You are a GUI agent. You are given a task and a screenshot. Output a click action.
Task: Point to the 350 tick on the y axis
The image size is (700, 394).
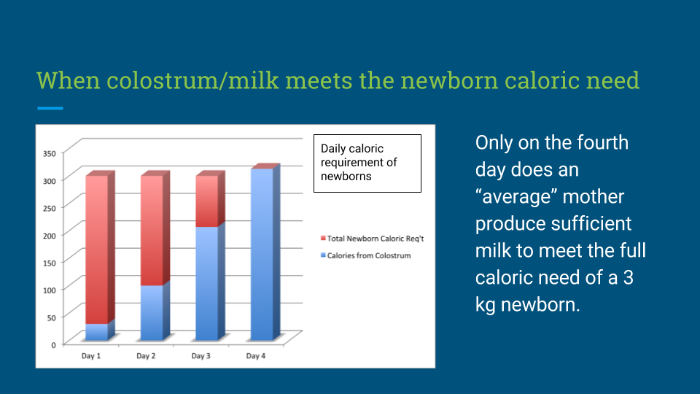[50, 154]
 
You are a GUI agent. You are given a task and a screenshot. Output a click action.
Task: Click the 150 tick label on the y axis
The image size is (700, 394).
[50, 263]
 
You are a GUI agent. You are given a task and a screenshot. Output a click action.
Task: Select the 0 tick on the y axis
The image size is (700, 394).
[53, 345]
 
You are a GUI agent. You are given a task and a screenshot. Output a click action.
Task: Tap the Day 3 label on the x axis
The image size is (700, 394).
[201, 356]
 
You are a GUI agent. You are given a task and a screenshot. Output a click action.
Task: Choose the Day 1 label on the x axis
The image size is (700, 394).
[90, 356]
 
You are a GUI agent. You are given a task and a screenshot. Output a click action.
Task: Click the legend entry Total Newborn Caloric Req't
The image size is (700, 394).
[373, 239]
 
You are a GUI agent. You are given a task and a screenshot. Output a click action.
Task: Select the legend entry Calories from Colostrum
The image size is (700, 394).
[365, 255]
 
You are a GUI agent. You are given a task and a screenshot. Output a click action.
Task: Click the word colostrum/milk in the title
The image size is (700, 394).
[192, 80]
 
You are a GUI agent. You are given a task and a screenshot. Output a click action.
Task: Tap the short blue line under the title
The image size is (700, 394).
[50, 108]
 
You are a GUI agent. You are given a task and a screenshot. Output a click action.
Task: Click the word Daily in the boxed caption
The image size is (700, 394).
[332, 149]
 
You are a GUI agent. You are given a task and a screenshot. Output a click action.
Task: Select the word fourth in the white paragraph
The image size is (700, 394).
[603, 143]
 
